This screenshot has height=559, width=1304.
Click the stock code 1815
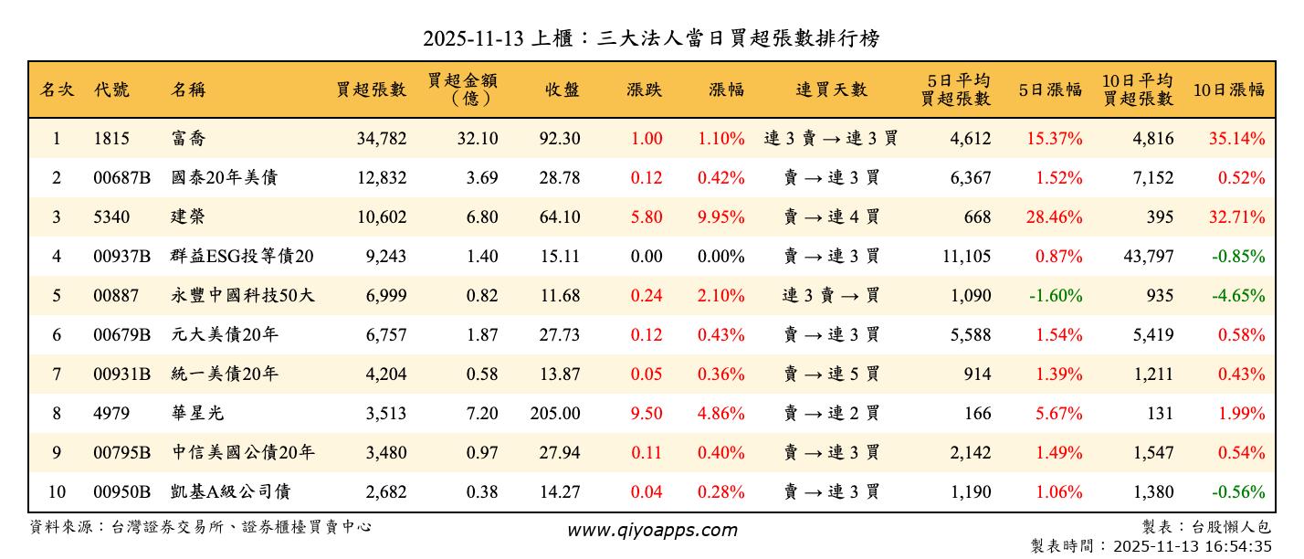[x=111, y=140]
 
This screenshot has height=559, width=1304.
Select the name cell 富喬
[x=186, y=140]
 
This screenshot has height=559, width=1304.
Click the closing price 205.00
[x=554, y=414]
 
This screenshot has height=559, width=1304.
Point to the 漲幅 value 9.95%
[x=720, y=217]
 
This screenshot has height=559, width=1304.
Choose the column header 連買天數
[x=831, y=90]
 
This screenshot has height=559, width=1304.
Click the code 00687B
[x=121, y=178]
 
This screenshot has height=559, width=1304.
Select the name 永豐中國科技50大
[x=243, y=296]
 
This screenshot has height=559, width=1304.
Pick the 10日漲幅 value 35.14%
[x=1236, y=140]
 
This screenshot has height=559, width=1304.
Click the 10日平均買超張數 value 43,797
[x=1148, y=257]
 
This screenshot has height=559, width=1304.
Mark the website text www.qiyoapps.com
[x=651, y=531]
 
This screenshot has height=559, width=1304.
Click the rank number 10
[x=57, y=492]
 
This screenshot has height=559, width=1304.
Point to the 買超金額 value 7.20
[x=481, y=414]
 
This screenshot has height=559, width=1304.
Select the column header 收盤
[x=562, y=90]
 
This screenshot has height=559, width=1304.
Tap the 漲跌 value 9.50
[x=646, y=414]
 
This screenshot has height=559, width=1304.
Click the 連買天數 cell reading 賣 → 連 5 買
[x=831, y=374]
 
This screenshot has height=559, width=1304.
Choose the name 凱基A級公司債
[x=230, y=492]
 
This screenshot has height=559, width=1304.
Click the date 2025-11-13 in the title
[x=475, y=38]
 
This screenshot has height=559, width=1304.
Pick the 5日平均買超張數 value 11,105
[x=965, y=257]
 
